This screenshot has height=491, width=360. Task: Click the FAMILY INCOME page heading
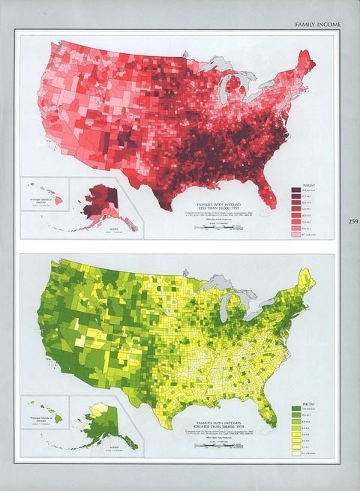click(317, 25)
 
